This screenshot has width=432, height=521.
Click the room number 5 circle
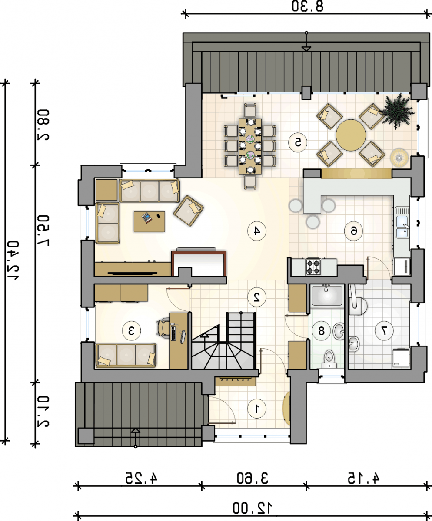click(298, 142)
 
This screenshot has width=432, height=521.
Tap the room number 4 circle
click(256, 231)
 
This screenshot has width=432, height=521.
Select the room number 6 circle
click(353, 231)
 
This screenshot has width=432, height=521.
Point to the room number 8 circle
click(321, 330)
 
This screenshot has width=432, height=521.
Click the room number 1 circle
click(256, 409)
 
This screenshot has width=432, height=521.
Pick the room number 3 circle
click(131, 330)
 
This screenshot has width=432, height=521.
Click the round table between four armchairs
click(351, 135)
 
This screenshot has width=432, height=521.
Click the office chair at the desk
click(163, 328)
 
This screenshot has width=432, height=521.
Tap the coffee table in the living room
click(150, 221)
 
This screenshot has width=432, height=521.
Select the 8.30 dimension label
click(307, 7)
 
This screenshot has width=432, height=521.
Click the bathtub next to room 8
click(327, 296)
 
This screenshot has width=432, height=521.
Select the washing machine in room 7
click(401, 358)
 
